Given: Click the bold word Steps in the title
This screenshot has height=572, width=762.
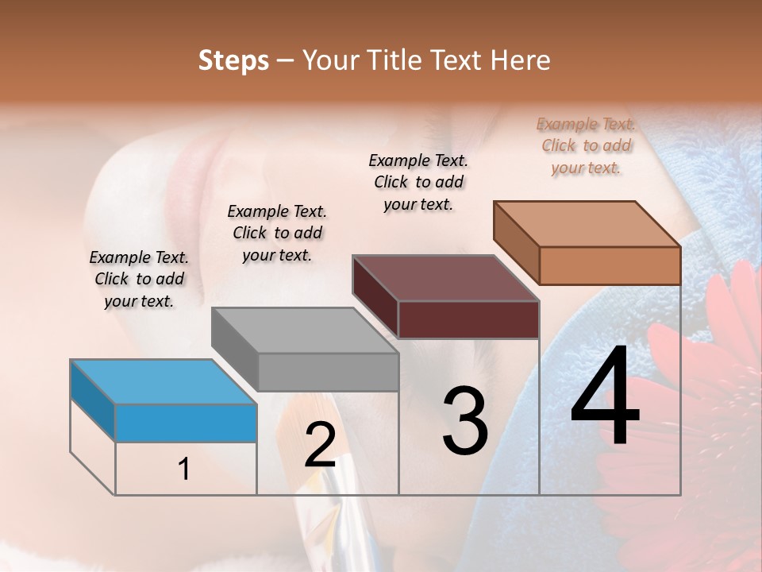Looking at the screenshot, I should (x=233, y=60).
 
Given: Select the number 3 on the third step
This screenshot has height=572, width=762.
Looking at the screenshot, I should (x=465, y=420).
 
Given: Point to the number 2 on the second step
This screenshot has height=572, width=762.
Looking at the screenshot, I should (x=320, y=445).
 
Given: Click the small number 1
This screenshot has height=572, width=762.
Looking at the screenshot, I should (x=184, y=470).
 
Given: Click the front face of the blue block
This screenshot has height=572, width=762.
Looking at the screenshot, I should (x=186, y=423).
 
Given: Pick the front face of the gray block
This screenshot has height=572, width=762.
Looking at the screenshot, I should (x=328, y=372).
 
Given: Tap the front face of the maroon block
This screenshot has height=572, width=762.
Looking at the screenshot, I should (x=468, y=319).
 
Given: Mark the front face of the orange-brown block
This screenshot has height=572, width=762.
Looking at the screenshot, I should (x=610, y=265).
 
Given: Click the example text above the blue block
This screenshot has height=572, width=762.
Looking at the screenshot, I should (x=139, y=279).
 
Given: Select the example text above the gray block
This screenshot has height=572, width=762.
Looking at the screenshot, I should (x=277, y=233).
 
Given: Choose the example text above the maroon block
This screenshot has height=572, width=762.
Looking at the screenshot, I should (x=418, y=182).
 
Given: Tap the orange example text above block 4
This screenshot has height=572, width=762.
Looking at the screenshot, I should (x=586, y=145).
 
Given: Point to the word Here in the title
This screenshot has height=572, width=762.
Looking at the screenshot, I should (x=521, y=60).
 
